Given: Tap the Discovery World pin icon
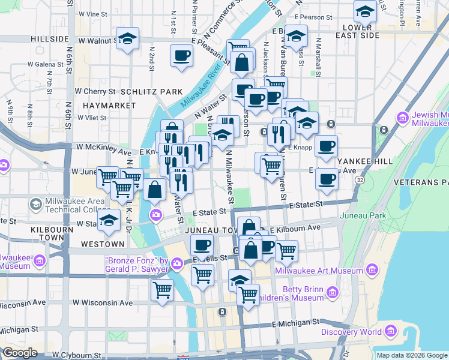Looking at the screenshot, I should click(x=391, y=331).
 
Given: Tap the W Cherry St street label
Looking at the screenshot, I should click(x=95, y=92).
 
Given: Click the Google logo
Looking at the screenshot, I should click(x=20, y=352).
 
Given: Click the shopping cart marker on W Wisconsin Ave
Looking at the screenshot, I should click(x=162, y=290).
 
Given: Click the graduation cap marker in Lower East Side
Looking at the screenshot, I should click(x=364, y=11).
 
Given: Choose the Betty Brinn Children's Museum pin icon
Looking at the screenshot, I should click(x=332, y=293).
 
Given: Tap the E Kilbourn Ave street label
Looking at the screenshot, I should click(x=295, y=229).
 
